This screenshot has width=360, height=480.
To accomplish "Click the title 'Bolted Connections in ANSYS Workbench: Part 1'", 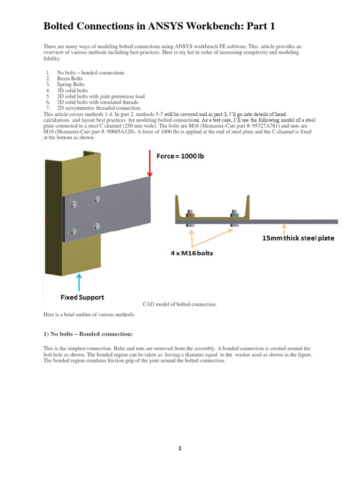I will [x=159, y=26].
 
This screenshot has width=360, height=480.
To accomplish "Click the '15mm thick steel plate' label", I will [x=298, y=238].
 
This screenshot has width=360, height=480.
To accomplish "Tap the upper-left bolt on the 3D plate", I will [x=73, y=203].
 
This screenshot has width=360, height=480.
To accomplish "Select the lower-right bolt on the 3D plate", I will [x=97, y=226].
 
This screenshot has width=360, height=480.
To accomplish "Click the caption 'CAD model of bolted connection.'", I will [x=180, y=304].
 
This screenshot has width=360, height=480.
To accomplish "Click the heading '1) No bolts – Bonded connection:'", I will [x=88, y=334].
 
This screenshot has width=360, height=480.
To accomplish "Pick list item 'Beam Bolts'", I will [x=70, y=79].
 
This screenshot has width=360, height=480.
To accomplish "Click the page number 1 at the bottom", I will [x=180, y=449].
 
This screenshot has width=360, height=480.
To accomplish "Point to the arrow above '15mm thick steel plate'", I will [x=283, y=228].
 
